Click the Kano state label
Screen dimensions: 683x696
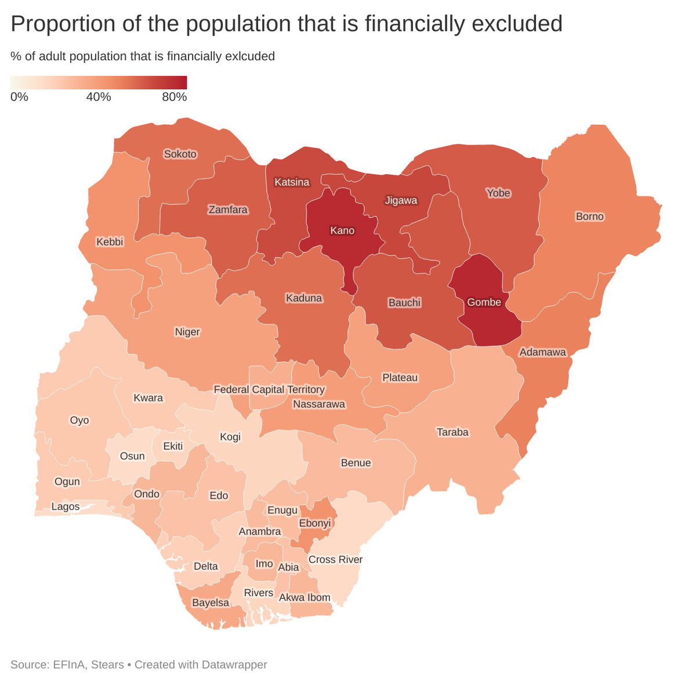tap(342, 230)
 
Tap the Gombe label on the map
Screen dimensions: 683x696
tap(484, 302)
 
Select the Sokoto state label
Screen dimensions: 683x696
tap(180, 154)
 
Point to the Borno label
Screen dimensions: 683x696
tap(589, 216)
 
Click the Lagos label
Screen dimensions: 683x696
tap(66, 507)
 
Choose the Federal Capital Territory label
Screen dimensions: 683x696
tap(269, 389)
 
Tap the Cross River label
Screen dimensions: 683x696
tap(335, 559)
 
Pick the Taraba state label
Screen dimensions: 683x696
tap(452, 432)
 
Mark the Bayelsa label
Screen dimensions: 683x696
tap(211, 603)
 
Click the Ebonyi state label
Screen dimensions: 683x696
tap(314, 523)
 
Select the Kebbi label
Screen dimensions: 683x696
tap(110, 241)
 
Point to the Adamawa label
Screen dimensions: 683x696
tap(542, 352)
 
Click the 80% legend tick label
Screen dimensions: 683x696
tap(174, 97)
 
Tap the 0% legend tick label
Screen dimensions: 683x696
tap(19, 97)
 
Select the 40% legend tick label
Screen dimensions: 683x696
tap(99, 97)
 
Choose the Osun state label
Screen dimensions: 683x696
tap(132, 456)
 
